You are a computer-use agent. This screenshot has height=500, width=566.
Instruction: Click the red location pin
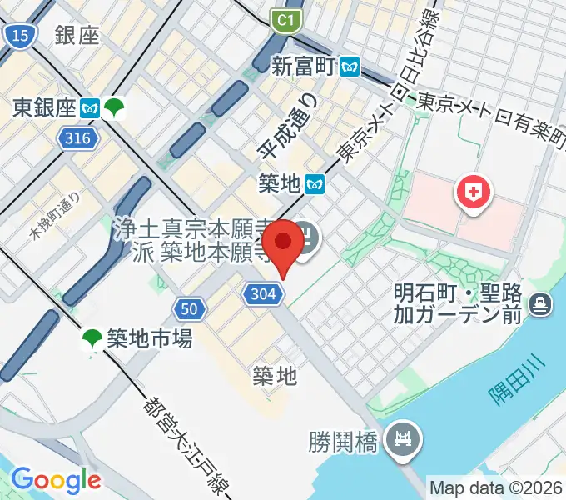click(285, 242)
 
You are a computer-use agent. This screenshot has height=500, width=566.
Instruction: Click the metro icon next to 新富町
click(350, 66)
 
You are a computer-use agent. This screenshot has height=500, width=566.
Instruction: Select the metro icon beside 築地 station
click(314, 182)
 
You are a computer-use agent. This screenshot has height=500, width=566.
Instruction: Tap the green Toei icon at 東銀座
click(113, 107)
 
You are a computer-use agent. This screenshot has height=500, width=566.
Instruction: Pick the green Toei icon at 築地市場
click(92, 338)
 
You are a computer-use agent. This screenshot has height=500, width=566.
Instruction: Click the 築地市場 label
click(150, 338)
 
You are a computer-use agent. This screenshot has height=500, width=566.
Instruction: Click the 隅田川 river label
click(508, 380)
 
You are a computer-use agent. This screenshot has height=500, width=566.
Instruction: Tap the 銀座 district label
click(77, 35)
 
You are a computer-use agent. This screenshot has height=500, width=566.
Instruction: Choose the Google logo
click(56, 479)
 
